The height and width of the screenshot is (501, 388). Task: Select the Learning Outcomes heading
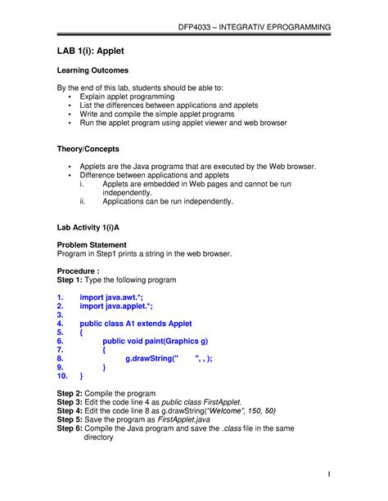pyautogui.click(x=92, y=71)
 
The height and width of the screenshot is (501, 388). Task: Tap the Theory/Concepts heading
pyautogui.click(x=88, y=149)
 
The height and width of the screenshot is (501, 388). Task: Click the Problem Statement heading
pyautogui.click(x=91, y=244)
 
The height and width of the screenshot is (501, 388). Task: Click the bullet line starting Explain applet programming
pyautogui.click(x=127, y=96)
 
